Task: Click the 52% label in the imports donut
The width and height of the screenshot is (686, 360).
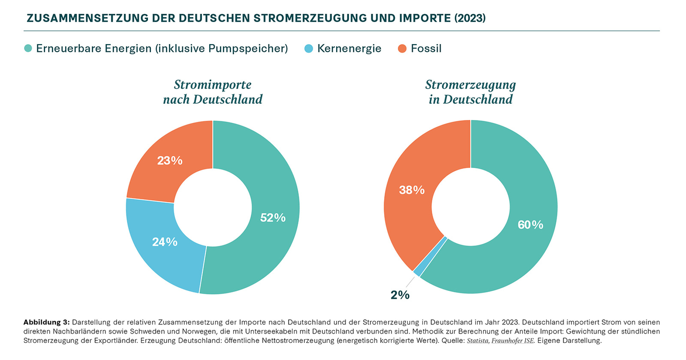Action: tap(273, 218)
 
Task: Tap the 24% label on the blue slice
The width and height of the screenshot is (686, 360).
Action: tap(165, 242)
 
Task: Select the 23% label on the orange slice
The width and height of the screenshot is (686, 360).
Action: tap(170, 160)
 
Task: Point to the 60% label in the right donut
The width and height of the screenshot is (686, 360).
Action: tap(531, 225)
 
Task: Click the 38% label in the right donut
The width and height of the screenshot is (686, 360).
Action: tap(412, 190)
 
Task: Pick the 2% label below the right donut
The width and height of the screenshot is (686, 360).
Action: tap(400, 295)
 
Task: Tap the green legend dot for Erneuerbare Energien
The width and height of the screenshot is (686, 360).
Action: tap(28, 48)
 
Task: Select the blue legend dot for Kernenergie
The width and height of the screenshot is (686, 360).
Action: tap(308, 48)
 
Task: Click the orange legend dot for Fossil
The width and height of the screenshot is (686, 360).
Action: tap(402, 48)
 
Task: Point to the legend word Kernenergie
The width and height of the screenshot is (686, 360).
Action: tap(349, 48)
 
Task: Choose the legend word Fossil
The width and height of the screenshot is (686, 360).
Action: tap(426, 48)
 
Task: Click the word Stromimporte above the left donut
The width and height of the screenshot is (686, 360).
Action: tap(213, 85)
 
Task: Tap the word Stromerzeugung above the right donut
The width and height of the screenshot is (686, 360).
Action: tap(470, 85)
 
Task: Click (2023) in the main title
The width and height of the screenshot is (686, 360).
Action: tap(470, 19)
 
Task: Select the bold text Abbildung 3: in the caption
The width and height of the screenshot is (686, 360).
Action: tap(47, 322)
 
